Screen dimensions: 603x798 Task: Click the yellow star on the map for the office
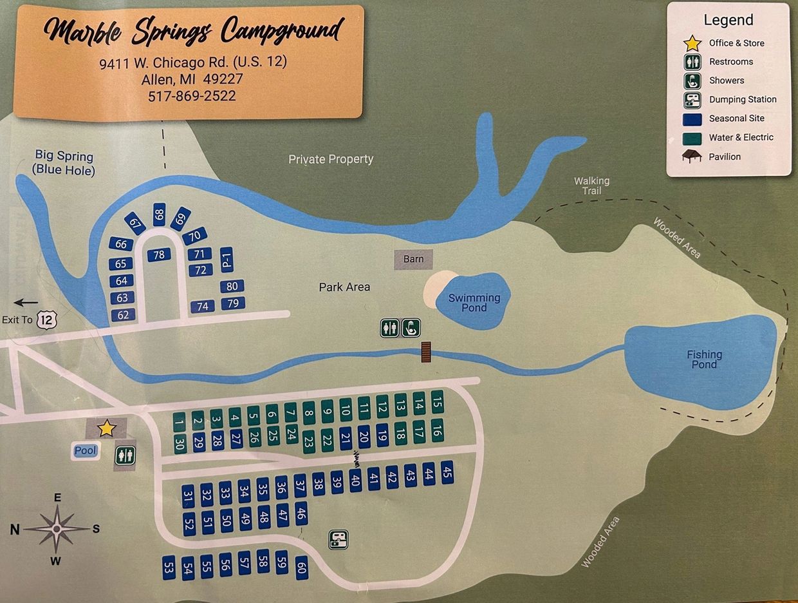(106, 428)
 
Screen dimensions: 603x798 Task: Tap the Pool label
(86, 451)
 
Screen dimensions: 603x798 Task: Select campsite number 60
(301, 568)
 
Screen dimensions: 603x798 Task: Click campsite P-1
(226, 260)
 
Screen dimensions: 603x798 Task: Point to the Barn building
(413, 259)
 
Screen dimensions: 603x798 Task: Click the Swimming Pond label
(474, 302)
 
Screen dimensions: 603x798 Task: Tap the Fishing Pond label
(704, 359)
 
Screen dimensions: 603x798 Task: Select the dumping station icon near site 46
(339, 539)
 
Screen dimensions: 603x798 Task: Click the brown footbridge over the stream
(425, 352)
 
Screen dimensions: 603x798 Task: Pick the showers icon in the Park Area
(411, 328)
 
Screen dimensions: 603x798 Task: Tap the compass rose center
(57, 529)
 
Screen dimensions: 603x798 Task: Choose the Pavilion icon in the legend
(692, 157)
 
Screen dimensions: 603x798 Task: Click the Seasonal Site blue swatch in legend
(692, 119)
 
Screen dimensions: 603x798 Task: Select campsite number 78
(159, 254)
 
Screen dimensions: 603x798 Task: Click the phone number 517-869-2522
(192, 96)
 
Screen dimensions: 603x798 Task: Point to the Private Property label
(331, 159)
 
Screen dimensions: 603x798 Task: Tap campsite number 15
(438, 403)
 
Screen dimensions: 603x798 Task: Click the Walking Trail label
(591, 186)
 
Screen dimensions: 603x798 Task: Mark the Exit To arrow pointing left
(26, 302)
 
